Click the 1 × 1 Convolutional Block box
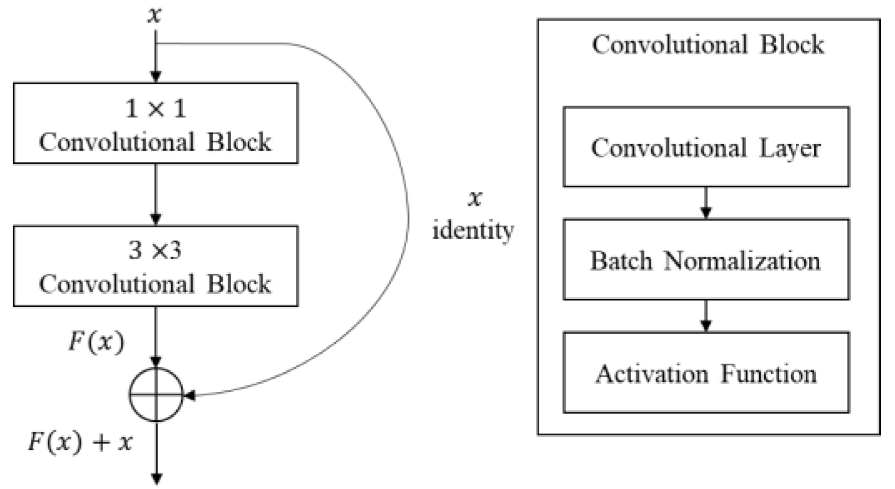155,123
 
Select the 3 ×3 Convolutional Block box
155,266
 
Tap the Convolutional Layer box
705,147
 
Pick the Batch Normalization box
705,259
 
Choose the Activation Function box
705,373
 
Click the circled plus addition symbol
156,395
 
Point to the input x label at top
155,15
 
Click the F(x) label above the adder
96,342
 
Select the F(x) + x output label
80,442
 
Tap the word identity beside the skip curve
473,230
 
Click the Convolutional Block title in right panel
708,44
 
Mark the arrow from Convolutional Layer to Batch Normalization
705,203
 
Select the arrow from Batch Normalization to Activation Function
705,315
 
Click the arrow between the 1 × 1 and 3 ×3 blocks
156,194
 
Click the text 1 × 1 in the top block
155,108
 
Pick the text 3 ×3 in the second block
155,251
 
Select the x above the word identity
474,198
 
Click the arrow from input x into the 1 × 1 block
156,58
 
